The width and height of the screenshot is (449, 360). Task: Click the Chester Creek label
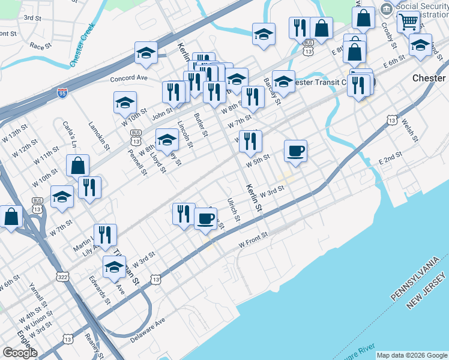[x=82, y=46]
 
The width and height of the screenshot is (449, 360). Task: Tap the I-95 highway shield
[x=62, y=92]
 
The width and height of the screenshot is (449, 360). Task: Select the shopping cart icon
[x=408, y=22]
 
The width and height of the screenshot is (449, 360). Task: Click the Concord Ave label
[x=128, y=78]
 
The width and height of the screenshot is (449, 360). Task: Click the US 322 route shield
[x=62, y=277]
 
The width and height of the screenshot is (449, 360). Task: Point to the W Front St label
[x=252, y=244]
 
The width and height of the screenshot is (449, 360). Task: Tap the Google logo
[x=20, y=353]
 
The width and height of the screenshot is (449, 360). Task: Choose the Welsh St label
[x=409, y=128]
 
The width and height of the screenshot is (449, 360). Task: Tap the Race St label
[x=41, y=46]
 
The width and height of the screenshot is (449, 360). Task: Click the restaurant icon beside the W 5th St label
[x=250, y=141]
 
